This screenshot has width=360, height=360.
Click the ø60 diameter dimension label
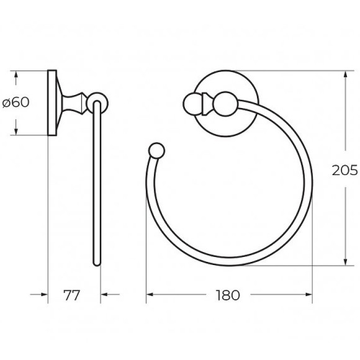[16, 102]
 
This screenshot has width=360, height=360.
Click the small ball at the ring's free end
[156, 151]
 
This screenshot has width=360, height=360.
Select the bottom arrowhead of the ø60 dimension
[17, 132]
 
